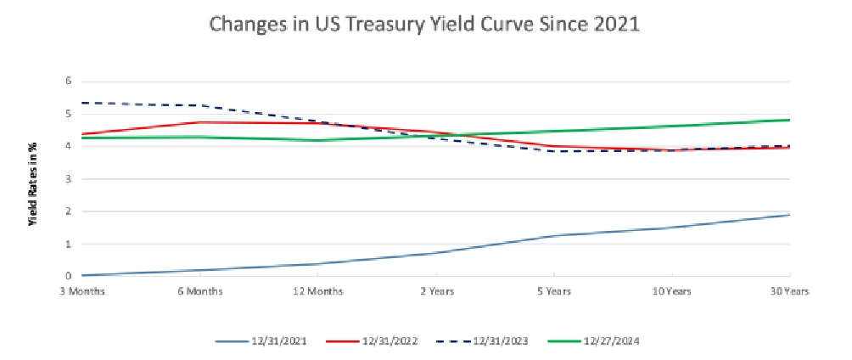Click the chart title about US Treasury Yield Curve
tap(423, 25)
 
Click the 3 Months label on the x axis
tap(82, 291)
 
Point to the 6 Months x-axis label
tap(200, 291)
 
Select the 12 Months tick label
tap(318, 291)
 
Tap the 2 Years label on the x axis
tap(436, 291)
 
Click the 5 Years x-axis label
tap(554, 291)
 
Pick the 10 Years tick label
tap(671, 291)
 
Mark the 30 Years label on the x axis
tap(789, 291)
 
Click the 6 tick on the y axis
tap(70, 82)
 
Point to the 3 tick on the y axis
tap(70, 179)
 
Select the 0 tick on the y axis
tap(70, 277)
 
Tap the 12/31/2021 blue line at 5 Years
tap(554, 235)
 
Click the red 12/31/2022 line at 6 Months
tap(200, 122)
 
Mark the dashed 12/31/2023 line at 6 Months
tap(200, 105)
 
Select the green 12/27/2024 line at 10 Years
tap(671, 127)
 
